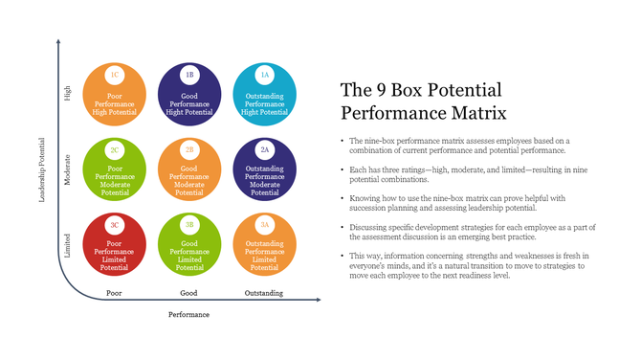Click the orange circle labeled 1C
115,94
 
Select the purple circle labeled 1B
189,94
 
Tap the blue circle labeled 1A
264,94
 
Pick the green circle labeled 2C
115,170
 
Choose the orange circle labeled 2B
189,170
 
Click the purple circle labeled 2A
264,170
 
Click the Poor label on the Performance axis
114,292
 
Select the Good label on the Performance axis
188,292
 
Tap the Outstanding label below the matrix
263,292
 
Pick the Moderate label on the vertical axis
67,170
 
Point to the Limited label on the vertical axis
67,246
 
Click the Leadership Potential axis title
41,170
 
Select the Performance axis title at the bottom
188,314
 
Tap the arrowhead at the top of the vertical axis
58,42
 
